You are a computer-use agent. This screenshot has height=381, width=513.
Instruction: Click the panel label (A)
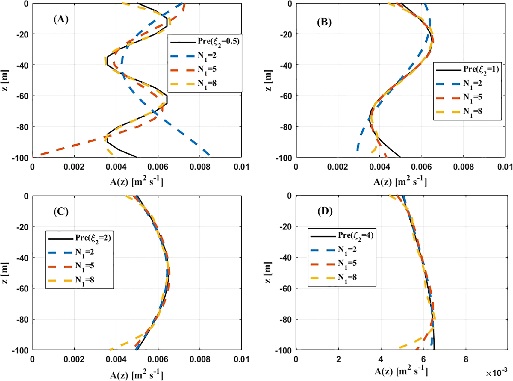click(61, 19)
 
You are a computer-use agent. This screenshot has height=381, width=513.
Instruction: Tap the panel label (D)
click(325, 211)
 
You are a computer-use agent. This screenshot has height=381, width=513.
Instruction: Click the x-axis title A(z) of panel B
click(400, 182)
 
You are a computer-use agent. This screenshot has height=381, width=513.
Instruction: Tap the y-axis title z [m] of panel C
click(5, 273)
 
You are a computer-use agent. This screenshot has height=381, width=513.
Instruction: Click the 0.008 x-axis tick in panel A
click(200, 167)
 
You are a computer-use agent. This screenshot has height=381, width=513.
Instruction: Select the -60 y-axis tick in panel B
click(285, 96)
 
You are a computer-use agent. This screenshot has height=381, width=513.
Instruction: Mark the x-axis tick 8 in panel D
click(466, 359)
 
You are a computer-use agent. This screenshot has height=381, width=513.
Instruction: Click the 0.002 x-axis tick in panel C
click(74, 359)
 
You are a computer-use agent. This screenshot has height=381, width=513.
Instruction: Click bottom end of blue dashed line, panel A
click(209, 155)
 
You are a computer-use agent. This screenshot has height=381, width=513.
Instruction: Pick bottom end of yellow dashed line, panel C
click(111, 349)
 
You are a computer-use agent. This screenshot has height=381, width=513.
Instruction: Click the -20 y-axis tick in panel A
click(22, 34)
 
